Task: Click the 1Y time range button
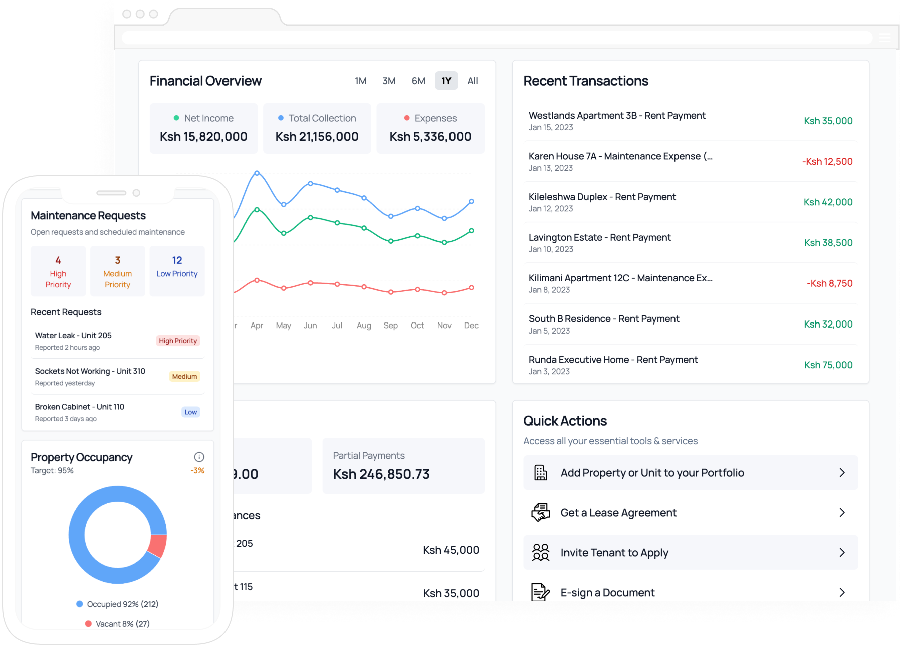446,81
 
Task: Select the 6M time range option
418,81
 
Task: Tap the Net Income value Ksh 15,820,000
203,137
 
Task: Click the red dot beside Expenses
407,118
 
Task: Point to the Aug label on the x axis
364,326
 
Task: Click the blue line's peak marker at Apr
257,173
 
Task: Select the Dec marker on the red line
471,288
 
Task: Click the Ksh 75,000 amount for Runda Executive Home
828,365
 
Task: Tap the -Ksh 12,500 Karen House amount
827,162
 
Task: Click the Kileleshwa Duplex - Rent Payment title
602,197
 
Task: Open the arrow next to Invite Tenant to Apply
842,553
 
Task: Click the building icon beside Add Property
541,473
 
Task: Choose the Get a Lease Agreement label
618,513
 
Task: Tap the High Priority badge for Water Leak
178,341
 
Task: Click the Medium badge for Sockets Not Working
184,377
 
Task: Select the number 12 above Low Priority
177,260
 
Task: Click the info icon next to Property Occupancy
199,457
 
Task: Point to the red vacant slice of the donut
158,546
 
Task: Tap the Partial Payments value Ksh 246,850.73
381,474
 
